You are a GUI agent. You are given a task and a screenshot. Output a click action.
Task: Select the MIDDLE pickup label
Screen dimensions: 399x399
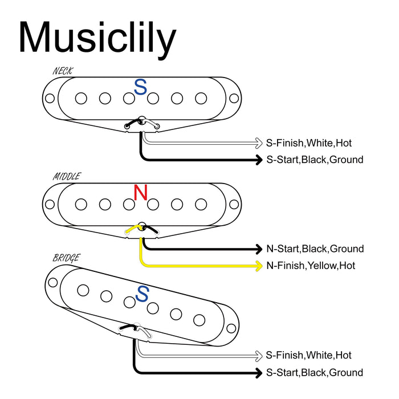[x=67, y=177]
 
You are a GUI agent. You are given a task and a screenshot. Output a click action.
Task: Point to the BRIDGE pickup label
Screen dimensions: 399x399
[x=66, y=258]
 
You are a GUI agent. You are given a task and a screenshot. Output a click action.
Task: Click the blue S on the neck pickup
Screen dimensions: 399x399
[x=140, y=87]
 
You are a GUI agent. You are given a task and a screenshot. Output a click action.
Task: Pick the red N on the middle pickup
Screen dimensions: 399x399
[x=140, y=193]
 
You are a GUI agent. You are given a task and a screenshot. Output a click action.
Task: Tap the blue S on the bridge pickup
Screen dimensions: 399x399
[x=142, y=294]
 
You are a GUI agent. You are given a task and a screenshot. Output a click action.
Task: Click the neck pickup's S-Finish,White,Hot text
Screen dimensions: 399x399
[x=313, y=142]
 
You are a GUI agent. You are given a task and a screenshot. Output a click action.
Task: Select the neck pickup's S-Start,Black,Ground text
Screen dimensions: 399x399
[x=315, y=160]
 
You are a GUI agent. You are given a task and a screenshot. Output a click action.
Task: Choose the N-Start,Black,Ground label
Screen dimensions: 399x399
[x=315, y=249]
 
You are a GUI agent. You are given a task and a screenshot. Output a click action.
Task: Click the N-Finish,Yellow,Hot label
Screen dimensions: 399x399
[x=311, y=266]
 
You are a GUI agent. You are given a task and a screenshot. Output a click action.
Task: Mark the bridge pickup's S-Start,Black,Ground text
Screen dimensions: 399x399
[x=315, y=372]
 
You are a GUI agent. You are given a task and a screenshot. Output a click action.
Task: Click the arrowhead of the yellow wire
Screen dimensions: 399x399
[x=259, y=266]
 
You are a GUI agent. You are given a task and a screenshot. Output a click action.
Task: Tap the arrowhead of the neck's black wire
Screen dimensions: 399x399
[x=259, y=160]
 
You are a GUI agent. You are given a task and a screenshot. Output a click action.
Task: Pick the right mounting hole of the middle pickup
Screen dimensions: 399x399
[x=233, y=204]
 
